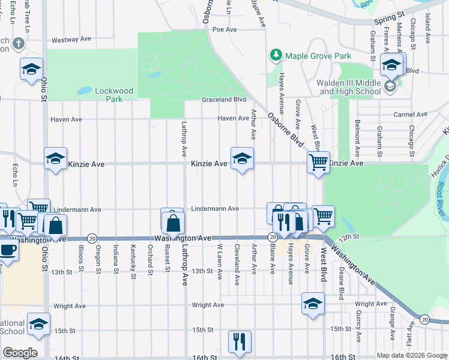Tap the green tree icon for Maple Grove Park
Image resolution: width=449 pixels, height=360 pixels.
click(276, 55)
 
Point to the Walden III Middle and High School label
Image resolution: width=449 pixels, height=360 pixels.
click(350, 87)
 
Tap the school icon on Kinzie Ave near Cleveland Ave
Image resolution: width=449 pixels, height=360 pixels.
click(242, 159)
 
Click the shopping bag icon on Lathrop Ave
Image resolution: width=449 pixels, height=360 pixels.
click(173, 223)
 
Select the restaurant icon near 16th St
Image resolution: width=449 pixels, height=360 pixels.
click(240, 341)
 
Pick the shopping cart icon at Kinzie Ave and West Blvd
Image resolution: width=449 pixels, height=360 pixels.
click(318, 161)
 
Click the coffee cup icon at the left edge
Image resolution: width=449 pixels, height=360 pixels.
click(7, 250)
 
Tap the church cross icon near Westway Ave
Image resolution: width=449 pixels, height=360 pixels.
click(18, 44)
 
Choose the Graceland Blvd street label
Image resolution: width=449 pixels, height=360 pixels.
click(224, 100)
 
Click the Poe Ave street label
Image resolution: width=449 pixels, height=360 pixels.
click(225, 29)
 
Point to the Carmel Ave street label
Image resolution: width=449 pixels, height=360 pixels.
click(410, 114)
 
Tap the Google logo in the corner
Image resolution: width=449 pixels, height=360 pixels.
click(20, 352)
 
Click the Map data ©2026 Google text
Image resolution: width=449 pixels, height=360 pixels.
click(411, 355)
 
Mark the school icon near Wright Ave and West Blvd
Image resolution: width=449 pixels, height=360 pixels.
click(313, 304)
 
